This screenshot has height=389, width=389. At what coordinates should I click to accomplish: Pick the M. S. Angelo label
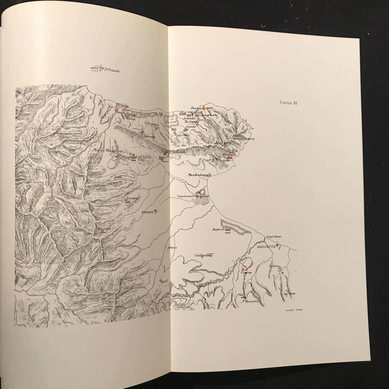click(x=220, y=160)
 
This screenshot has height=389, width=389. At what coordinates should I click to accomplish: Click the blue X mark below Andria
click(x=282, y=273)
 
